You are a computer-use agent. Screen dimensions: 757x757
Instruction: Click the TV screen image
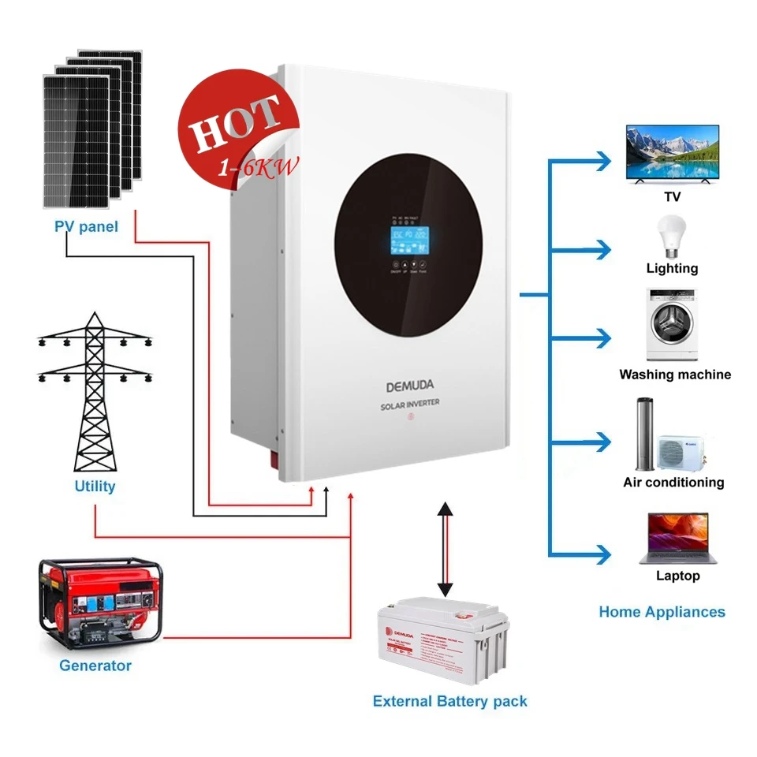point(672,153)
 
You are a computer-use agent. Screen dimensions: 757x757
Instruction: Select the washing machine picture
point(673,326)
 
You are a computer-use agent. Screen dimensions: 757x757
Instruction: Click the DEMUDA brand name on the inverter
point(409,386)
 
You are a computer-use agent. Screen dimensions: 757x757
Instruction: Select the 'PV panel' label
point(86,227)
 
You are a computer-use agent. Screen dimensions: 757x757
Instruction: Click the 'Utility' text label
point(95,487)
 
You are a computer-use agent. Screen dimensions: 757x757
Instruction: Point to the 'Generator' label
point(95,666)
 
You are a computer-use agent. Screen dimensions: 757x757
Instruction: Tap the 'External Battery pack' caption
point(449,701)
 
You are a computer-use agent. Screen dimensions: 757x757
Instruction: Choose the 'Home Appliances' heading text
point(662,612)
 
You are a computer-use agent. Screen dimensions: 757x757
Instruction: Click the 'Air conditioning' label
point(673,482)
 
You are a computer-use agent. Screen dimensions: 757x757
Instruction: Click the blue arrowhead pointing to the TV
point(603,161)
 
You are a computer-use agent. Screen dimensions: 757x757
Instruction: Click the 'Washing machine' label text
point(675,375)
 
